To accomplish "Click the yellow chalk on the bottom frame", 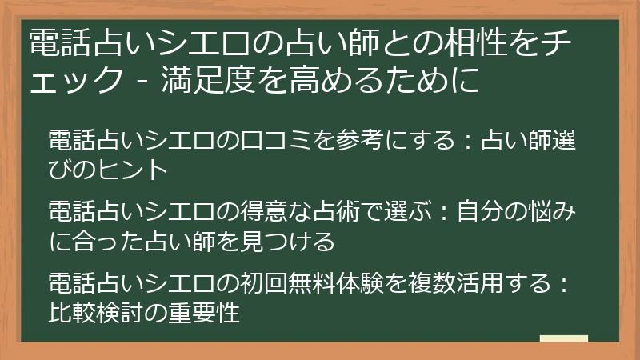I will (563, 340).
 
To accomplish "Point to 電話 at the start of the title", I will (51, 42).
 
